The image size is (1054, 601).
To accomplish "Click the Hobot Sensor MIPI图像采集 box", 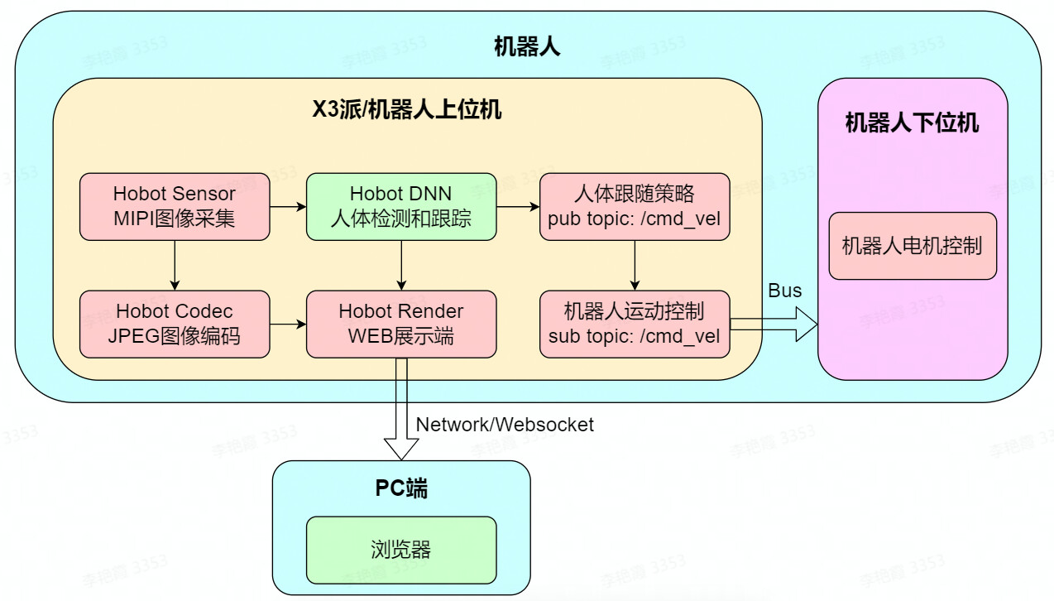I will coord(175,207).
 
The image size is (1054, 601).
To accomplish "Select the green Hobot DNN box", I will coord(401,207).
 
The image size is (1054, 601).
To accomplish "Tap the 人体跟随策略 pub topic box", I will coord(635,207).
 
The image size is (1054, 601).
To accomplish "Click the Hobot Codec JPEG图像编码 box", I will coord(175,324).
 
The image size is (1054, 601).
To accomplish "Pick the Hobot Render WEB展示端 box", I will coord(401,324).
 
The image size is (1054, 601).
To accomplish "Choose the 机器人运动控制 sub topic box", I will coord(635,324).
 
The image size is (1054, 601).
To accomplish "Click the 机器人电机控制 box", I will coord(913,246).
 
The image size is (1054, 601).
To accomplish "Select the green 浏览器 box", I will coord(401,550).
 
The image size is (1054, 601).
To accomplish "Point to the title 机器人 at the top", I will coord(527,47).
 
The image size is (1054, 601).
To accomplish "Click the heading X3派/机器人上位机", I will coord(406,109).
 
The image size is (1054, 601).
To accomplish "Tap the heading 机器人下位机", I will coord(912,123).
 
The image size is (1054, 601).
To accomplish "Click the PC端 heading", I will coord(401,488).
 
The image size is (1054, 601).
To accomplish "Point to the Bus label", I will coord(785,291).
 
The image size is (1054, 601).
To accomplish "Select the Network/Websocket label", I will coord(505,425).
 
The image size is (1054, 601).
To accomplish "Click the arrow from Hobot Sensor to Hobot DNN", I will coord(288,207).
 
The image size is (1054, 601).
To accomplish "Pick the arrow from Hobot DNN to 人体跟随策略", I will coord(518,207).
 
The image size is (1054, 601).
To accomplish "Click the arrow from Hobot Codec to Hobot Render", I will coord(288,324).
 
